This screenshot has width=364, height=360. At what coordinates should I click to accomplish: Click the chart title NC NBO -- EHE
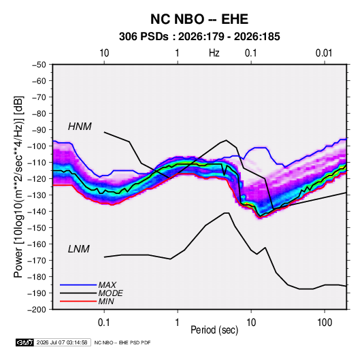(x=199, y=19)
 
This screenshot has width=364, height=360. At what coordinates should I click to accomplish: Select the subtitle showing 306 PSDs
(x=199, y=37)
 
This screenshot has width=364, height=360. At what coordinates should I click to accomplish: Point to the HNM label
(x=80, y=127)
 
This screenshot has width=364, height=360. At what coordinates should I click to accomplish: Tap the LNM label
(x=78, y=249)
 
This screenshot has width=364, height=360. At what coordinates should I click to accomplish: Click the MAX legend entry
(x=107, y=284)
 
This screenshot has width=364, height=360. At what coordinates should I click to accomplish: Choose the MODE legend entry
(x=110, y=293)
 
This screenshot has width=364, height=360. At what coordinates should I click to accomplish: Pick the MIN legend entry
(x=106, y=301)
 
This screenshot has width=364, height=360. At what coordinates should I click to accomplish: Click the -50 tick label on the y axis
(x=39, y=65)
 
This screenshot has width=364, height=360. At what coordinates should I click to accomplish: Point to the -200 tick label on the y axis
(x=37, y=310)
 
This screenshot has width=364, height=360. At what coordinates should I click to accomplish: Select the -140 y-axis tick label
(x=37, y=212)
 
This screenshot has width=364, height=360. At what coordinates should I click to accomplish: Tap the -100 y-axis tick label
(x=37, y=146)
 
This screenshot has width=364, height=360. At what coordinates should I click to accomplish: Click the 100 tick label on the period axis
(x=325, y=323)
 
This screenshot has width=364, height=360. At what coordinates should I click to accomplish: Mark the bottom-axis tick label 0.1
(x=104, y=323)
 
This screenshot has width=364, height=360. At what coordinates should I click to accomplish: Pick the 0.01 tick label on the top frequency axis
(x=324, y=53)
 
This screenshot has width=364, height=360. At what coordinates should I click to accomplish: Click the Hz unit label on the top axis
(x=214, y=53)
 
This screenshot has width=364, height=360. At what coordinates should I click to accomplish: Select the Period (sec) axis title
(x=214, y=330)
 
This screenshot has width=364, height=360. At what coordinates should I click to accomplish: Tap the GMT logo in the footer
(x=25, y=342)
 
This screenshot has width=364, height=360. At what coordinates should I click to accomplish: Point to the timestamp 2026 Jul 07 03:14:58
(x=62, y=342)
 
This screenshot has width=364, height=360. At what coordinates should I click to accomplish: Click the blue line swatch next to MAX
(x=78, y=285)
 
